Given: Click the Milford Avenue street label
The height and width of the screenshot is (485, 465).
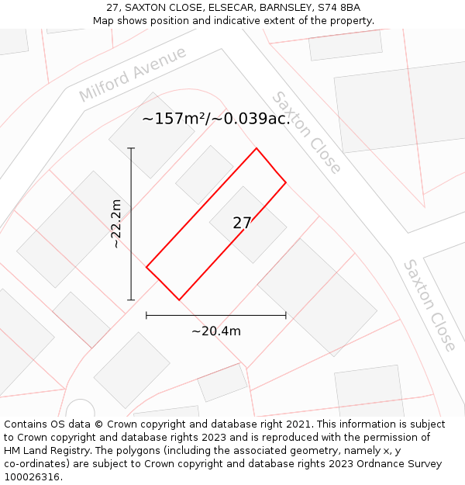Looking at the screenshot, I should (133, 74).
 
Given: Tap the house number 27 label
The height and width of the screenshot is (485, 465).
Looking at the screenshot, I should (242, 223).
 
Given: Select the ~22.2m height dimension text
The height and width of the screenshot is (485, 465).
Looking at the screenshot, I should (115, 223).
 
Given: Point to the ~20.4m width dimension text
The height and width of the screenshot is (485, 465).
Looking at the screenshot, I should (216, 331).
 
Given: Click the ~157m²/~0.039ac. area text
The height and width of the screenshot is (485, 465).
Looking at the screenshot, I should (216, 119).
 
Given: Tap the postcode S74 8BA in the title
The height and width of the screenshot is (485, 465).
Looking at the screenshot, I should (339, 8).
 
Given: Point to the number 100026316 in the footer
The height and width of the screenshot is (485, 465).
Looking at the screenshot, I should (33, 476).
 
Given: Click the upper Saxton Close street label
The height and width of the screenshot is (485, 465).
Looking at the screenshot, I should (306, 133).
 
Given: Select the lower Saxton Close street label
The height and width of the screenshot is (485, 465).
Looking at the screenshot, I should (429, 305).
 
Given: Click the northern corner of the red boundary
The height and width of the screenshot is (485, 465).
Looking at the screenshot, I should (257, 148).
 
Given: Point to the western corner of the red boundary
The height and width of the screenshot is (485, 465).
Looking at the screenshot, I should (146, 267).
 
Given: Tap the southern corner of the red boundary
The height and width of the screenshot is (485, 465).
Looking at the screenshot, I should (179, 300).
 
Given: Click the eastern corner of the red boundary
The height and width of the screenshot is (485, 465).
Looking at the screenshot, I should (286, 182).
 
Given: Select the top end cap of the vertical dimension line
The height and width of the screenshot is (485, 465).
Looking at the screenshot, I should (131, 148).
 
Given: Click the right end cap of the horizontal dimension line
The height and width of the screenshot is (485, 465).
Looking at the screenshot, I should (286, 315).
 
